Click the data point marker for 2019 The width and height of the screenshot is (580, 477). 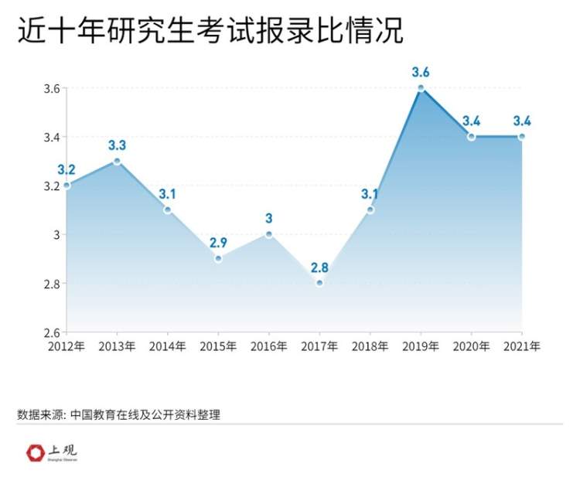point(421,88)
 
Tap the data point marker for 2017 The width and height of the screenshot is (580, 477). point(319,283)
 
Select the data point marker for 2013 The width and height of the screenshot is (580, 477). point(117,161)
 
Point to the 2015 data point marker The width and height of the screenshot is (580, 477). point(218,258)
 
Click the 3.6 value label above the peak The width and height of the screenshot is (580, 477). point(421,73)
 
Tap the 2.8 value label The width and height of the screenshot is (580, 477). point(319,268)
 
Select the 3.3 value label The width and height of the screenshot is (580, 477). point(117,145)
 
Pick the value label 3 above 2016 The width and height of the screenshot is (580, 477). point(269,219)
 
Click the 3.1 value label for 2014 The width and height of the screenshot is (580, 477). point(168,194)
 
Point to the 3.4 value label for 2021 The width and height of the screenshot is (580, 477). point(521,121)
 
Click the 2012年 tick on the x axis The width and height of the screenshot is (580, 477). point(67,346)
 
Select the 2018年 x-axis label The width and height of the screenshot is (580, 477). point(370,346)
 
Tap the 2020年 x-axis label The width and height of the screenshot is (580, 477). point(471,346)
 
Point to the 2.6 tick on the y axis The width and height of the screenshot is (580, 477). point(52,332)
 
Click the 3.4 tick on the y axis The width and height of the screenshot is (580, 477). point(52,138)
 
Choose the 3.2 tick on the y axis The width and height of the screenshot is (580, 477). point(52,186)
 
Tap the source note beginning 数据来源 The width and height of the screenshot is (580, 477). point(118,414)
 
